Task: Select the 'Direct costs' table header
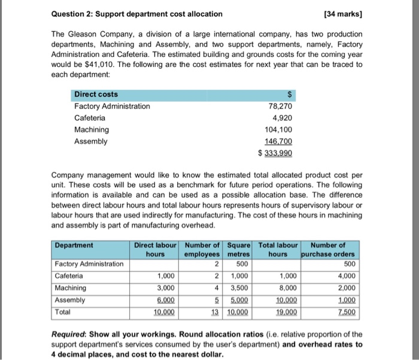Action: (x=96, y=94)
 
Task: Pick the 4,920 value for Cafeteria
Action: (x=284, y=118)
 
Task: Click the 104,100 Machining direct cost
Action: (x=280, y=129)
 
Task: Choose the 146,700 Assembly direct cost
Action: (x=280, y=141)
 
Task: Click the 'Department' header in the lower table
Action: (x=74, y=245)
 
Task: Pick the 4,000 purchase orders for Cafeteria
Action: (x=346, y=276)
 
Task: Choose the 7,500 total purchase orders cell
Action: (x=346, y=312)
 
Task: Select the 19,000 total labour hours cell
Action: (x=286, y=312)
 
